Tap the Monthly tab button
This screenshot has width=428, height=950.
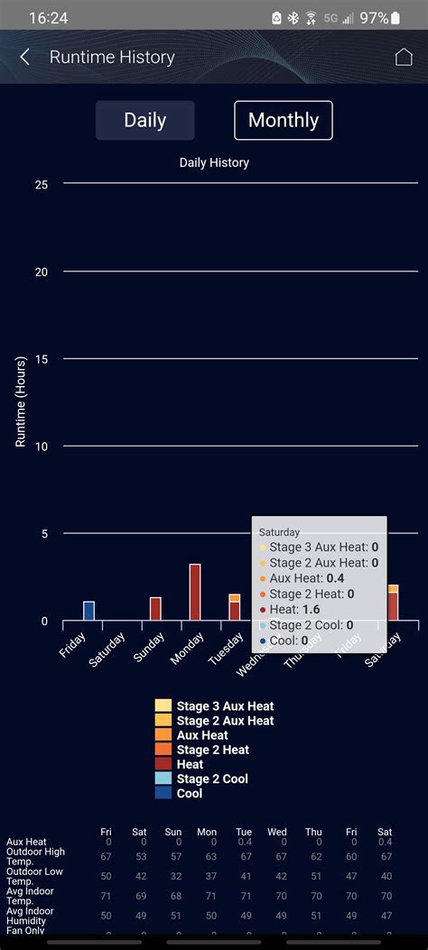(x=284, y=120)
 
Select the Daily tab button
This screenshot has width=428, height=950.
(x=144, y=120)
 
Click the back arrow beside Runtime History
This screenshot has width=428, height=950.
(x=25, y=57)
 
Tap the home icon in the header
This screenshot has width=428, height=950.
(x=404, y=57)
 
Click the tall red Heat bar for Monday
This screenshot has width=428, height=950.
(x=195, y=592)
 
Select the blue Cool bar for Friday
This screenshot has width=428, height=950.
(x=88, y=611)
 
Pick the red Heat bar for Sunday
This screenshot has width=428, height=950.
(x=155, y=608)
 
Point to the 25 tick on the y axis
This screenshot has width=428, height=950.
(x=42, y=184)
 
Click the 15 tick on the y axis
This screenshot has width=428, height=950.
(x=42, y=359)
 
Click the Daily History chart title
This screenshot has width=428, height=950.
(x=214, y=163)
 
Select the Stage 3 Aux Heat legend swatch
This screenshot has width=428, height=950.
(x=163, y=706)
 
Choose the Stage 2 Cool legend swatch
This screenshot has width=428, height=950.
(x=163, y=779)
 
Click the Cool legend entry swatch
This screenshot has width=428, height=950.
(x=163, y=793)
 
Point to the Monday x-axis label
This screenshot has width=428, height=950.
(x=188, y=642)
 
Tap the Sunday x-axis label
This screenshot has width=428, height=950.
(x=150, y=642)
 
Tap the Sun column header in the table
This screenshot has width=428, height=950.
(x=173, y=832)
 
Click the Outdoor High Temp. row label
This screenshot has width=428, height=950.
(x=35, y=855)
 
